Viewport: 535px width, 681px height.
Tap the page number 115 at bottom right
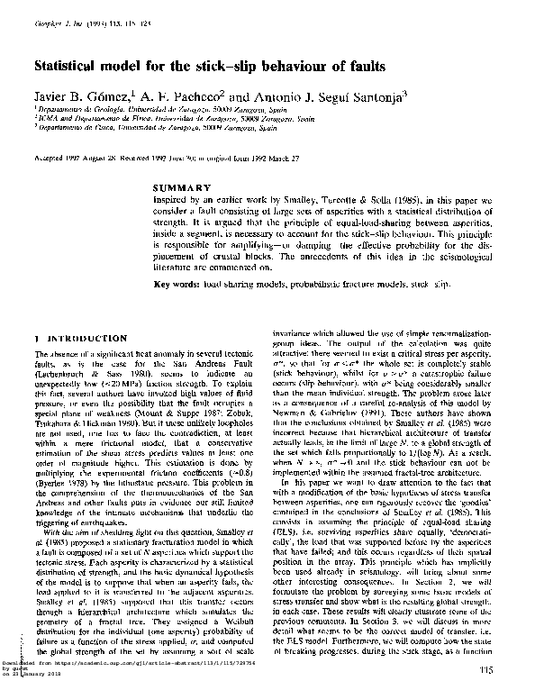tap(489, 668)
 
